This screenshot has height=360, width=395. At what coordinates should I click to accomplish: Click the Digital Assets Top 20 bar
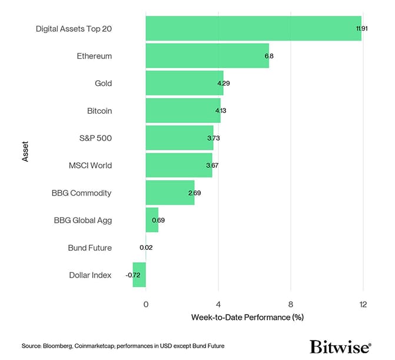(253, 28)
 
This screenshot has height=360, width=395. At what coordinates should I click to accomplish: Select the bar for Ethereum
(207, 56)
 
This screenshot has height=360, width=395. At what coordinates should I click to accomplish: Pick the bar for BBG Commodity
(170, 193)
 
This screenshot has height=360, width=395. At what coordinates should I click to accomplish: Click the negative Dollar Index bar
(140, 275)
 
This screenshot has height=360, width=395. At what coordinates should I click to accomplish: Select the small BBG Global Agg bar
(152, 220)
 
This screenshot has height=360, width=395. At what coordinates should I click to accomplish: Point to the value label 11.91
(361, 28)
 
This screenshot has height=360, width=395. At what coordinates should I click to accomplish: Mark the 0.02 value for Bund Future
(146, 247)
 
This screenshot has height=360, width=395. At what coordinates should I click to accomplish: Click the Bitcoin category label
(99, 111)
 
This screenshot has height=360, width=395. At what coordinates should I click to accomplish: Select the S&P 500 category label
(95, 138)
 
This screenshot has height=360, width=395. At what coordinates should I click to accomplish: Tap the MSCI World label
(90, 166)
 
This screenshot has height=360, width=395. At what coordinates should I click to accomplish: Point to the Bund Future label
(89, 247)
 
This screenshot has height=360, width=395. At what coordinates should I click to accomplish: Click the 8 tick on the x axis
(291, 304)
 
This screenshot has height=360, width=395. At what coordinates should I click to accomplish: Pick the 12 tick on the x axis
(363, 304)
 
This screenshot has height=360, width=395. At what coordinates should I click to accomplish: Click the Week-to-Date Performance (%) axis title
(247, 318)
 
